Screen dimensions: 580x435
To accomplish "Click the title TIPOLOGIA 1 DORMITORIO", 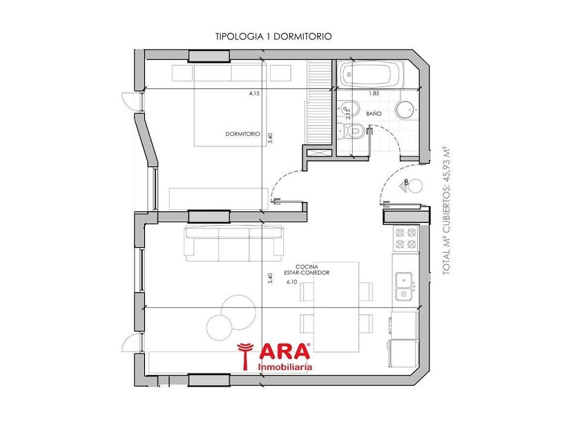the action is pos(273,37).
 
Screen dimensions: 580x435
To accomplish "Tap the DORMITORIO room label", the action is pos(242,134).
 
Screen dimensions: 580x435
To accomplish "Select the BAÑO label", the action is pos(374,113).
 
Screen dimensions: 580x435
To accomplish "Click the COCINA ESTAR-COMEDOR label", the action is pos(307,270).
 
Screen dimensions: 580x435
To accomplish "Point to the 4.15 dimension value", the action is pos(255,94).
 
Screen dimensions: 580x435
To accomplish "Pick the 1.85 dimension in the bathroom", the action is pos(374,94).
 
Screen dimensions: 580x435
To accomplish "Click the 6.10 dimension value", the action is pos(292,282).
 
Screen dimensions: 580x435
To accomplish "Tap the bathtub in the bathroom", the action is pos(371,75).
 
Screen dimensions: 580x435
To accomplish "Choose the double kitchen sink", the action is pos(405,287).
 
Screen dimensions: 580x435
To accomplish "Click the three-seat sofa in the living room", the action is pos(235,242).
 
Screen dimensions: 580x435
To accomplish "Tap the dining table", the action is pos(336,307).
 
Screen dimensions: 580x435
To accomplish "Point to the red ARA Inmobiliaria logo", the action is pos(274,356).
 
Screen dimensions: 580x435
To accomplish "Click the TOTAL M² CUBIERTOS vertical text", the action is pos(447,211).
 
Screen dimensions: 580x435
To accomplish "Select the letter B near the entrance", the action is pos(406,182).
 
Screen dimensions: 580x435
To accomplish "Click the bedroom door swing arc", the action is pos(283,180).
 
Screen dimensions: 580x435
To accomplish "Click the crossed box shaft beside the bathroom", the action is pos(318,153).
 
